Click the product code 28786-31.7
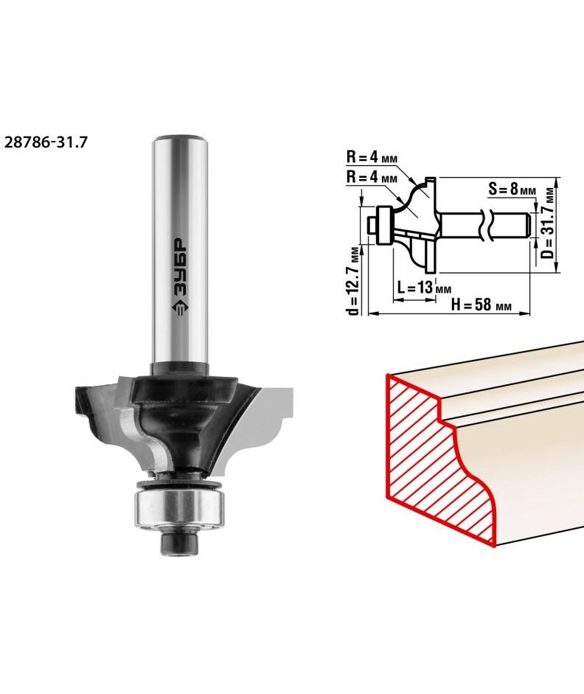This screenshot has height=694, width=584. tap(46, 142)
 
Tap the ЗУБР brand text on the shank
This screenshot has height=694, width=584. tap(180, 267)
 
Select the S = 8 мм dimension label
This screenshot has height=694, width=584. tap(512, 190)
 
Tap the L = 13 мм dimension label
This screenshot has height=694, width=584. tap(424, 288)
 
